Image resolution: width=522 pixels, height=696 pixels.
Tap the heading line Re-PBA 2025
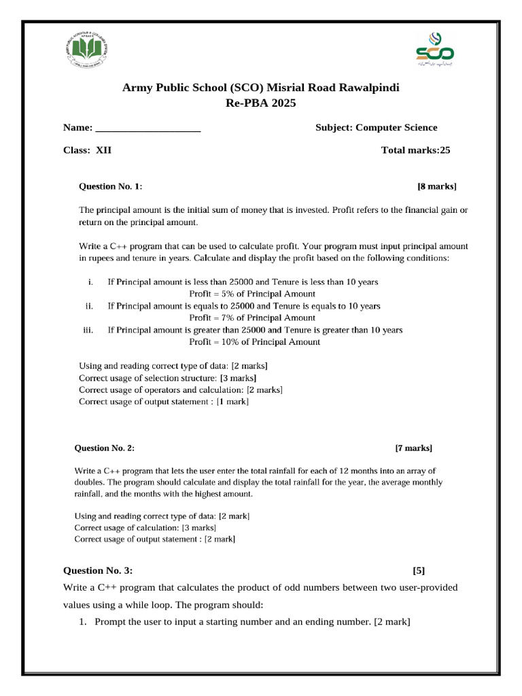click(260, 103)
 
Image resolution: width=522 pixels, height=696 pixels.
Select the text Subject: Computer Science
click(376, 128)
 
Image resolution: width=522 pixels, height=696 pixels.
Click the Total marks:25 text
click(415, 151)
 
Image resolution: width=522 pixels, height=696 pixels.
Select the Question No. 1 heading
click(111, 186)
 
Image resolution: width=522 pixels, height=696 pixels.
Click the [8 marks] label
click(436, 186)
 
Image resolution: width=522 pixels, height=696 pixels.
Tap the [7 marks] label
click(413, 448)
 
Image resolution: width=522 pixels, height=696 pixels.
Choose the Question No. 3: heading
click(103, 571)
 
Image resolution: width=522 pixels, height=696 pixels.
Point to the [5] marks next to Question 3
click(419, 571)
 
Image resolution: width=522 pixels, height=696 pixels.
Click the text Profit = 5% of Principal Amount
click(251, 294)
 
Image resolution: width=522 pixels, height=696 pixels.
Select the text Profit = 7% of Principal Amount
click(251, 317)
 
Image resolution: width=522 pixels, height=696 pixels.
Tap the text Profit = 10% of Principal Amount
click(254, 342)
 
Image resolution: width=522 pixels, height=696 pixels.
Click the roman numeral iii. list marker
click(87, 330)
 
